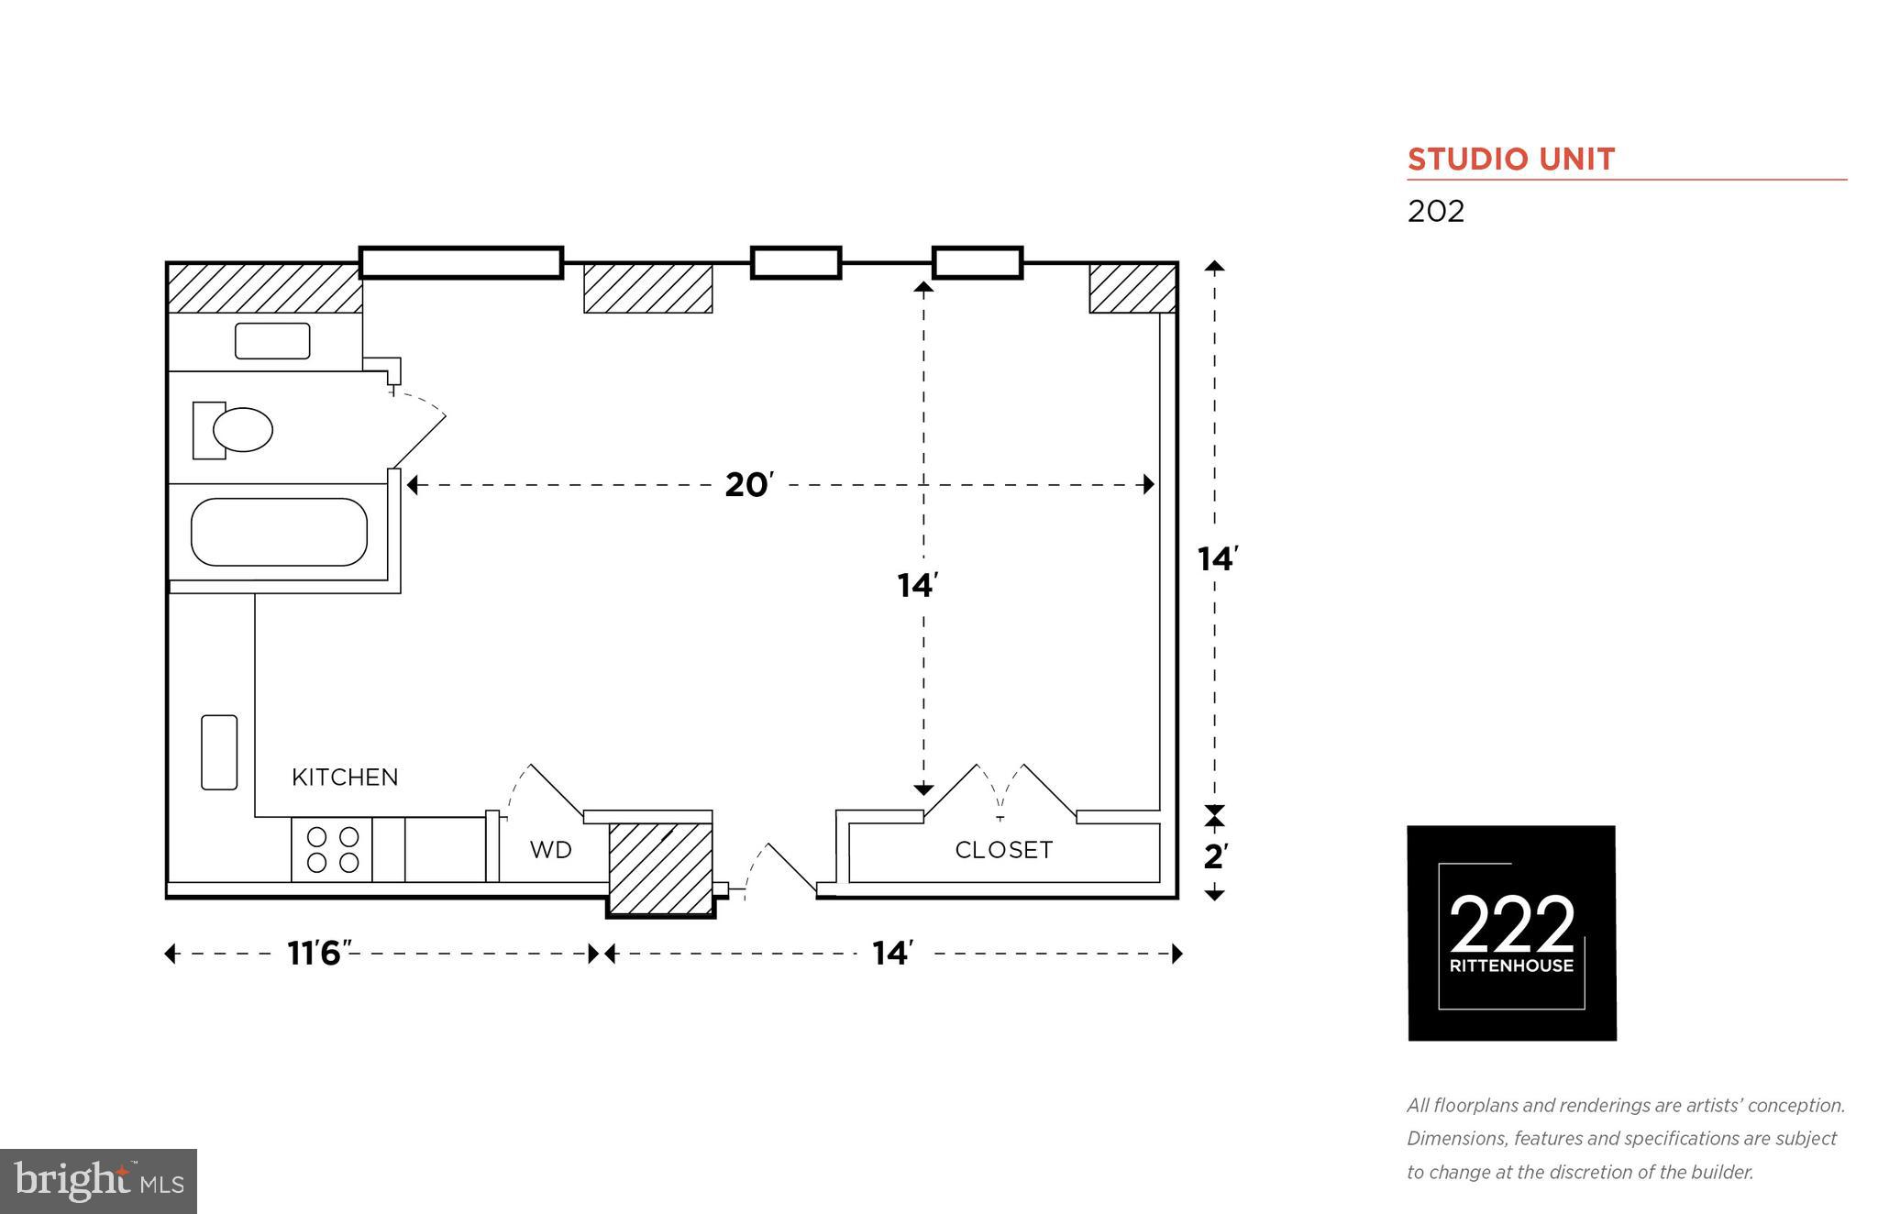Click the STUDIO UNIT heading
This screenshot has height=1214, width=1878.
tap(1510, 160)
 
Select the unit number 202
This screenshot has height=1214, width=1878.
tap(1436, 212)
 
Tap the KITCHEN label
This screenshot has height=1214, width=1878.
tap(345, 778)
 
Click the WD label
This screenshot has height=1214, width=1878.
tap(550, 850)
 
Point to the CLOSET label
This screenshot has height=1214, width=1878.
tap(1003, 850)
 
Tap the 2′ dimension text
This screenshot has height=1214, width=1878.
tap(1215, 857)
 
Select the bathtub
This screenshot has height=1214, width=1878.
tap(279, 532)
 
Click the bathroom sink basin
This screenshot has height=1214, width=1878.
tap(272, 341)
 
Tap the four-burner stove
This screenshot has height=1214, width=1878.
tap(332, 850)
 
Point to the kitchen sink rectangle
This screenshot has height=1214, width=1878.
tap(219, 752)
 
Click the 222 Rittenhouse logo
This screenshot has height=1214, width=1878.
tap(1511, 933)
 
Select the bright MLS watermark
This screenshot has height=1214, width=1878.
tap(98, 1181)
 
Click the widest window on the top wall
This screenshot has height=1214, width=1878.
tap(460, 262)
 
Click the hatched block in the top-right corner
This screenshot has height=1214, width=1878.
tap(1132, 288)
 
